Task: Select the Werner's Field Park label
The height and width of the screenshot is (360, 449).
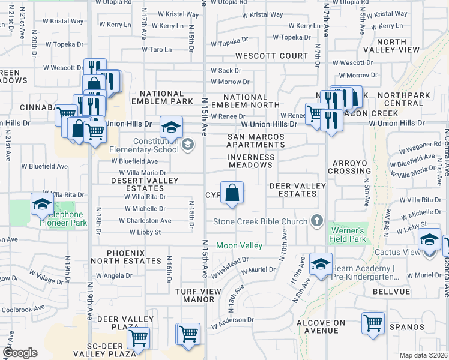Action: pos(346,235)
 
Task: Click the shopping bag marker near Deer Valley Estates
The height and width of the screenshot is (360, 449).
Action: pos(232,193)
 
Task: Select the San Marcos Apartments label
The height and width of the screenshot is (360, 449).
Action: pos(255,140)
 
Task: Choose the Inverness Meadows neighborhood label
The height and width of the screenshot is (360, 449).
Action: pos(251,161)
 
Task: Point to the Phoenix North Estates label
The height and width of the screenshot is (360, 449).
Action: pos(126,257)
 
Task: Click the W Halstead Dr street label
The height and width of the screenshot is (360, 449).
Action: pos(229,268)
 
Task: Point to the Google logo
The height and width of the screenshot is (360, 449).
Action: pos(20,353)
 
